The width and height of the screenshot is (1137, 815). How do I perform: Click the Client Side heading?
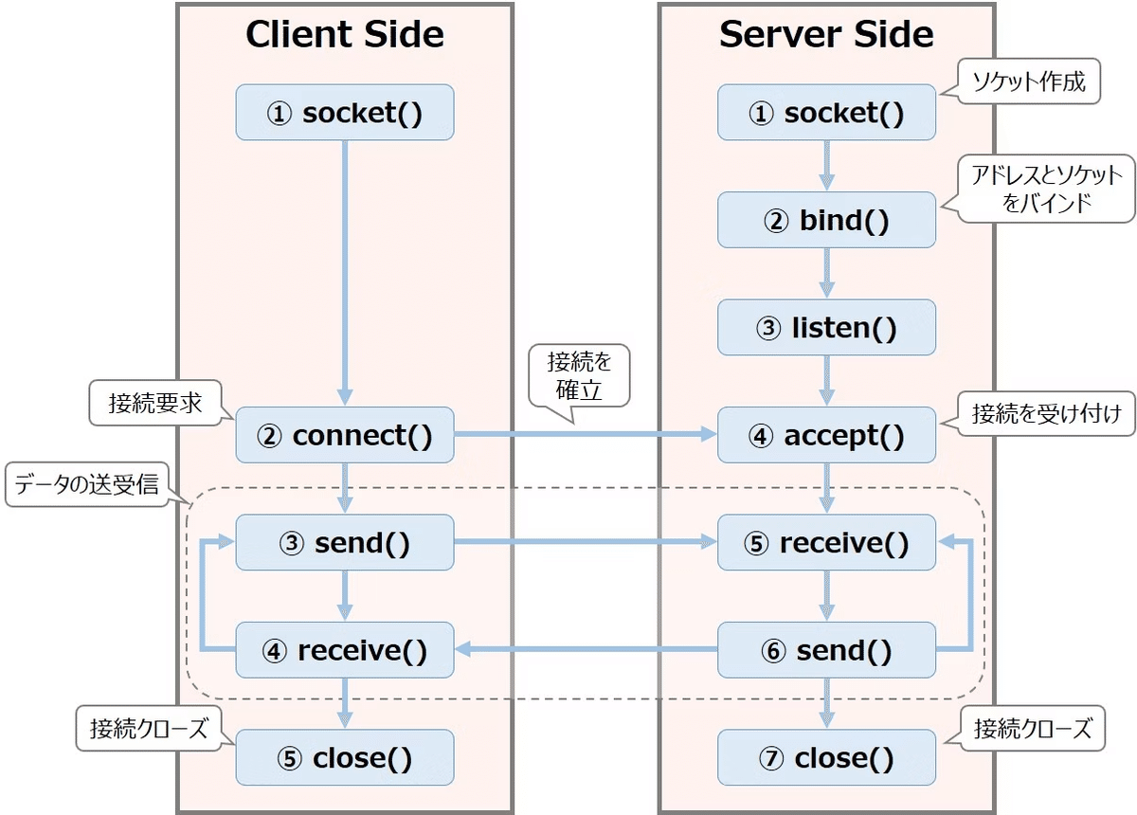point(345,36)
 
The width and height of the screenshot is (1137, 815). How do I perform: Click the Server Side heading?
point(826,36)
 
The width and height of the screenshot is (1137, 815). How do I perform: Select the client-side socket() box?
point(345,113)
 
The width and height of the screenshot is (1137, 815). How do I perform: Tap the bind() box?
point(826,220)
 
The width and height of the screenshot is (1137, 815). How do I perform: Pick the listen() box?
point(826,328)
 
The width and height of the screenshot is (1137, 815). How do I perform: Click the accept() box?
point(826,436)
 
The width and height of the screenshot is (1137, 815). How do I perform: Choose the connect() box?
point(345,436)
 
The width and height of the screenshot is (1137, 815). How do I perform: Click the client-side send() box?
point(345,543)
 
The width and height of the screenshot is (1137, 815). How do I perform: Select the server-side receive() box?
point(826,543)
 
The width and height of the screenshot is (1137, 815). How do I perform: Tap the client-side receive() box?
point(345,650)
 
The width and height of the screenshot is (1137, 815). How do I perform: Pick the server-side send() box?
point(826,650)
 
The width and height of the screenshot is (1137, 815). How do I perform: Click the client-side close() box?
point(345,758)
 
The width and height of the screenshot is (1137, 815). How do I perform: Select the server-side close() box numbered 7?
point(826,758)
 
